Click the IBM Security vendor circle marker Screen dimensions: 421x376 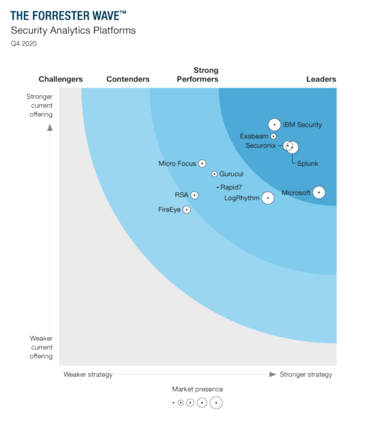274,124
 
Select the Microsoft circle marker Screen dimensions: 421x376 319,192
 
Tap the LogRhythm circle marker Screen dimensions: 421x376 268,198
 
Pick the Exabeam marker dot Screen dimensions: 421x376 274,136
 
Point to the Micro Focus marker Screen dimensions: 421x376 202,163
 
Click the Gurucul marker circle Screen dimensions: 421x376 214,174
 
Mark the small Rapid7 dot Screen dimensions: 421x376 218,187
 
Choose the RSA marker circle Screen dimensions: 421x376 195,195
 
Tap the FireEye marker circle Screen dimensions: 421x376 187,210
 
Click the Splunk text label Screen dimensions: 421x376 308,164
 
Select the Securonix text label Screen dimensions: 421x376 261,145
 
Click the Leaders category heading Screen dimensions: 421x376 321,79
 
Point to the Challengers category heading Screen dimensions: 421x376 60,79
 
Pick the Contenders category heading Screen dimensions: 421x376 128,79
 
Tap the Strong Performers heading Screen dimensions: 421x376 197,75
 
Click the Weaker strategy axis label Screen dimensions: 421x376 88,374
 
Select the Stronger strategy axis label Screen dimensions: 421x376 306,374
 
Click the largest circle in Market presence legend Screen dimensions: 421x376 216,403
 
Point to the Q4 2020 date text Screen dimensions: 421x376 23,44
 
